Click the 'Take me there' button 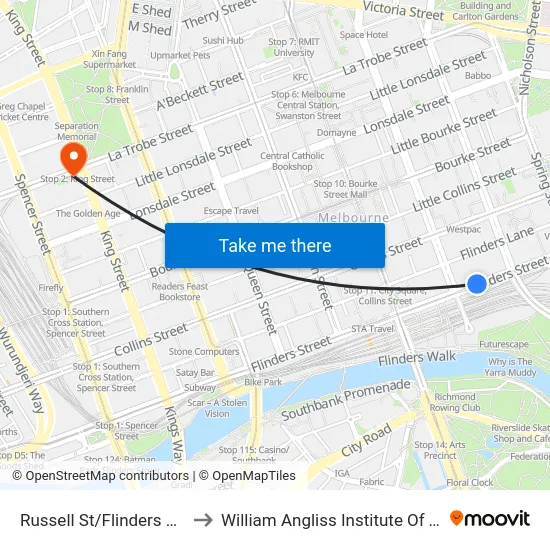click(x=275, y=245)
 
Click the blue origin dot click(x=477, y=284)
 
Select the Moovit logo click(x=490, y=519)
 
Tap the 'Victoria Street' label click(x=403, y=13)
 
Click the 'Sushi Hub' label click(x=223, y=41)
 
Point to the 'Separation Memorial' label click(x=77, y=132)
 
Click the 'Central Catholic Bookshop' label click(x=292, y=161)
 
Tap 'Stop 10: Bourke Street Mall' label click(x=345, y=189)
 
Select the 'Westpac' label click(x=463, y=229)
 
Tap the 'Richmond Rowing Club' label click(x=456, y=402)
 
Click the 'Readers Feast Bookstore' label click(x=180, y=291)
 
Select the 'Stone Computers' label click(x=204, y=352)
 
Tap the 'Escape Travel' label click(x=231, y=211)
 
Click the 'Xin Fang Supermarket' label click(x=110, y=59)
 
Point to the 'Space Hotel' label click(x=363, y=35)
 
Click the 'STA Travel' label click(x=372, y=328)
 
